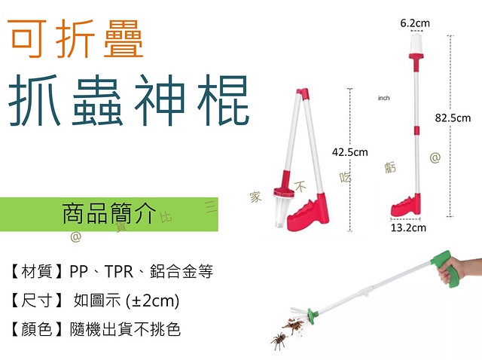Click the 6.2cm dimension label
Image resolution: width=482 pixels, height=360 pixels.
[415, 23]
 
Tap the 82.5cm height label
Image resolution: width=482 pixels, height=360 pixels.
[453, 118]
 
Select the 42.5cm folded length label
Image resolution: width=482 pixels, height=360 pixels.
[349, 152]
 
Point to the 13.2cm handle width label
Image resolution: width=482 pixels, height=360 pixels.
[408, 227]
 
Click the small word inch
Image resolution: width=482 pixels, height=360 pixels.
[383, 98]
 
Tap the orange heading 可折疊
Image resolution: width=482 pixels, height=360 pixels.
[75, 38]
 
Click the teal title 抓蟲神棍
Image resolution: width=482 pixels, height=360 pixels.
[129, 100]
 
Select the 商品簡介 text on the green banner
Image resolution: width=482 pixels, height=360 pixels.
[109, 213]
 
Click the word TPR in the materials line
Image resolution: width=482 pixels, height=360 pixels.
[119, 271]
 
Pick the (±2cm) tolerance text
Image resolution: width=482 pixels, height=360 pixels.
[152, 301]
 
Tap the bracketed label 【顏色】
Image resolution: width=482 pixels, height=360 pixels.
[35, 329]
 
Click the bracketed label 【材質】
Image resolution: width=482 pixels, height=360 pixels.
[36, 271]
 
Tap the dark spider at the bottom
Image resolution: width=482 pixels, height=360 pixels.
[279, 340]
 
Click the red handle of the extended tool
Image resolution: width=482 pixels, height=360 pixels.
[406, 205]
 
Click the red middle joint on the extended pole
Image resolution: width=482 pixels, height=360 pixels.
[416, 130]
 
